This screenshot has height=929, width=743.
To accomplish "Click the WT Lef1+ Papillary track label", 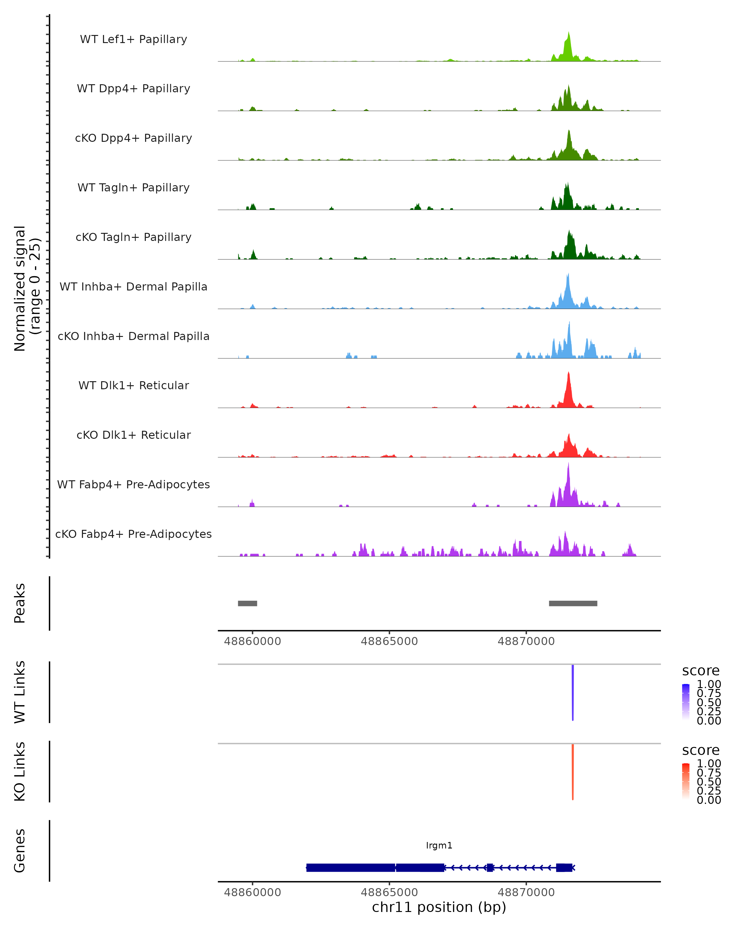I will point(133,39).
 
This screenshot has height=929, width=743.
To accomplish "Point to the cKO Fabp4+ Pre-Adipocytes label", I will point(133,534).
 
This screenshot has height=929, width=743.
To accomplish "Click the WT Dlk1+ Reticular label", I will point(133,386).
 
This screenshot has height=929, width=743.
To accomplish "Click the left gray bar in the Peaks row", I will point(248,603).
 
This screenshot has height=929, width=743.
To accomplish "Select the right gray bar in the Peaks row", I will point(573,603).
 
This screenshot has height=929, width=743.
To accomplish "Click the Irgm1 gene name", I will point(439,845).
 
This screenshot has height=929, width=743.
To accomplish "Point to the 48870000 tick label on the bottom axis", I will point(526,892).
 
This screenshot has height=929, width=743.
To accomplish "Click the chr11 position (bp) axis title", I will point(439,907).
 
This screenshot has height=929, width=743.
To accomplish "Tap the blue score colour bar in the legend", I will point(686,702).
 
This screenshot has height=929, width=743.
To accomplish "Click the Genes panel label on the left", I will point(20,851).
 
